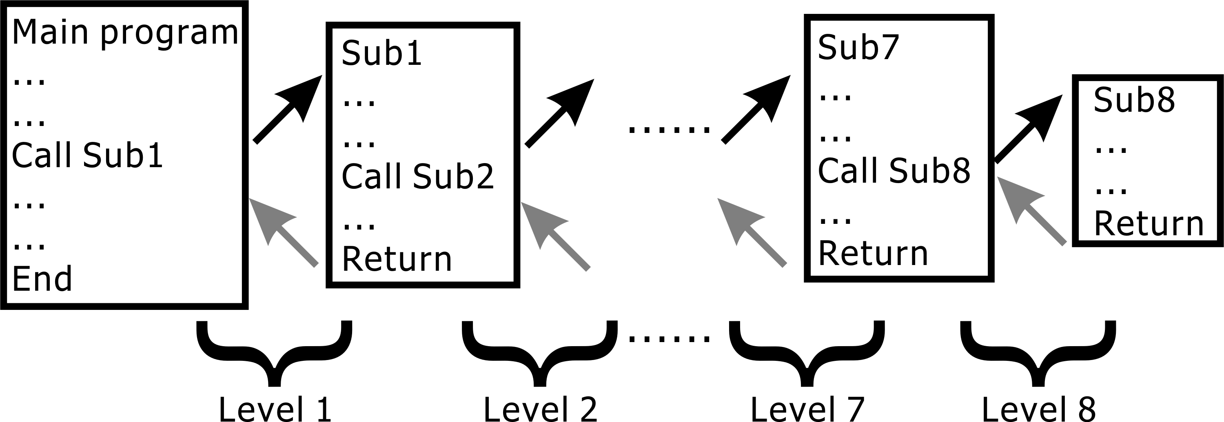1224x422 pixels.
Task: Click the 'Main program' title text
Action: (x=125, y=33)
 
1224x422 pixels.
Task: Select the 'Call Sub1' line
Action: (x=87, y=156)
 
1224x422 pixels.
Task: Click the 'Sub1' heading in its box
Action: (x=381, y=53)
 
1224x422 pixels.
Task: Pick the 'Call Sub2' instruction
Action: (x=418, y=177)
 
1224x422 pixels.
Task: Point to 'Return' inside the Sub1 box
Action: (x=397, y=260)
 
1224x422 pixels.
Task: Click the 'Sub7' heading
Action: (x=858, y=47)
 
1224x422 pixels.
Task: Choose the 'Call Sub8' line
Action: (x=894, y=171)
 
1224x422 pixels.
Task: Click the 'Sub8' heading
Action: (x=1134, y=100)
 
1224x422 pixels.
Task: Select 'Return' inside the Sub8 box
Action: (x=1149, y=224)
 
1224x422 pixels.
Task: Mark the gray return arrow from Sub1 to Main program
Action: (x=283, y=232)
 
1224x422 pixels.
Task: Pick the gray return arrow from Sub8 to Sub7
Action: (x=1031, y=211)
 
